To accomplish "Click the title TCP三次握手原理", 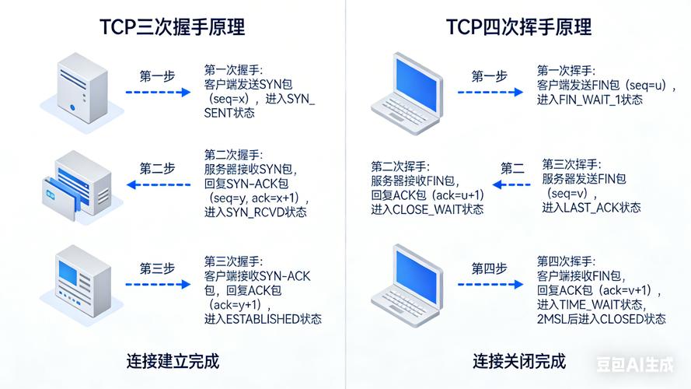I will (x=172, y=26).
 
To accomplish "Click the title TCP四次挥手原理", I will (x=518, y=26).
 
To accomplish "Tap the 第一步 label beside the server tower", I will (x=157, y=75).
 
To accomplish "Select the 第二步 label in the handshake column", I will (x=157, y=168).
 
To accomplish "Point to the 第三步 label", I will (x=157, y=268).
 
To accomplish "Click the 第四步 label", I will (x=489, y=268).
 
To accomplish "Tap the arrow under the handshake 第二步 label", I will (x=158, y=185).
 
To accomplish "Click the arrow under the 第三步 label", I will (x=158, y=286).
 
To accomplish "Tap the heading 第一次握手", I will (x=233, y=70).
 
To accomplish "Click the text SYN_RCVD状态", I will (x=256, y=212).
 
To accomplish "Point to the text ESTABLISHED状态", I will (x=263, y=319).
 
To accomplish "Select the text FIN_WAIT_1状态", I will (x=591, y=100).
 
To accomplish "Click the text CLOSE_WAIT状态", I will (x=428, y=209).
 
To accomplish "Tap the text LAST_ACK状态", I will (x=592, y=207).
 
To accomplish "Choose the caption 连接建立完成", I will (x=173, y=361).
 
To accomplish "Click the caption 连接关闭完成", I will (x=519, y=361).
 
